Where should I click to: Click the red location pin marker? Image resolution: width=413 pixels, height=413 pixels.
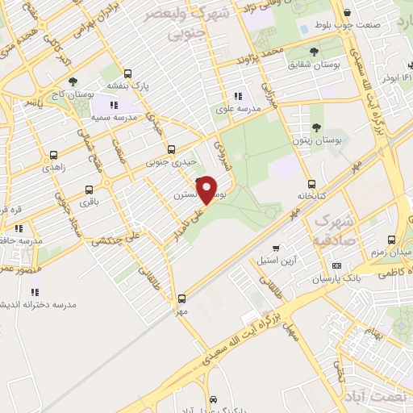[207, 190]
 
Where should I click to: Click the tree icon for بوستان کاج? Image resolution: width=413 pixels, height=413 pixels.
[73, 81]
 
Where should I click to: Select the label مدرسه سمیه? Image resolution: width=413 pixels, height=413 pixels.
[112, 118]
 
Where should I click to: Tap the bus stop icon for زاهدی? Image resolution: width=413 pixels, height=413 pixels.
[53, 155]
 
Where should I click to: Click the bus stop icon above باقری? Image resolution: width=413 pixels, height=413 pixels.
[88, 190]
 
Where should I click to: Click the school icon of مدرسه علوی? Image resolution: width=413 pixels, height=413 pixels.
[236, 96]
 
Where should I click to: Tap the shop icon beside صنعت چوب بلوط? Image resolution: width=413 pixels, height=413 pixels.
[347, 13]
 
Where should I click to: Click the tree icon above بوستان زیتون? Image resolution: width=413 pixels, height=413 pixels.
[316, 127]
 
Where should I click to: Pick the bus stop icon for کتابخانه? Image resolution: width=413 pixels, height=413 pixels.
[312, 182]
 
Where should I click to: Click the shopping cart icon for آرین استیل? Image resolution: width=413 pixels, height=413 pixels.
[277, 248]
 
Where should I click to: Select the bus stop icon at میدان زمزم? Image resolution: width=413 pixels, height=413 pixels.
[391, 240]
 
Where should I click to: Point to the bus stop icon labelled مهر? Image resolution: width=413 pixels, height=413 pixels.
[182, 298]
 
